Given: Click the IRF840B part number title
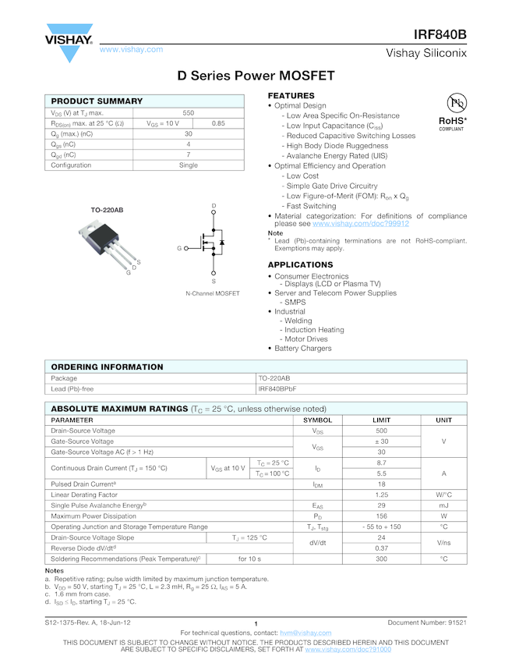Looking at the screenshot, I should click(440, 35).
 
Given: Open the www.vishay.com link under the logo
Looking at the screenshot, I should click(131, 49).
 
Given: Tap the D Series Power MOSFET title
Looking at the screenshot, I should click(256, 76).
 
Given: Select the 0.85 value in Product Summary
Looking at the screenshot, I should click(218, 123).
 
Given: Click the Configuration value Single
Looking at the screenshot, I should click(189, 165).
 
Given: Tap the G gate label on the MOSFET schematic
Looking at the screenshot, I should click(178, 248).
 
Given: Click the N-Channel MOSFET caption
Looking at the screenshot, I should click(213, 293).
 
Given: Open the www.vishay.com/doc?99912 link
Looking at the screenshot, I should click(360, 224).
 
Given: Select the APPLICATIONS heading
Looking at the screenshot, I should click(301, 265).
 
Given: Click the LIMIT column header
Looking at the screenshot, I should click(382, 420).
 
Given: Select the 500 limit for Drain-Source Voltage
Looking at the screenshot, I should click(382, 431).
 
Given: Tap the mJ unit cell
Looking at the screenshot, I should click(443, 505).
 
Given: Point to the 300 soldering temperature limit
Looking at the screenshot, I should click(382, 558).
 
